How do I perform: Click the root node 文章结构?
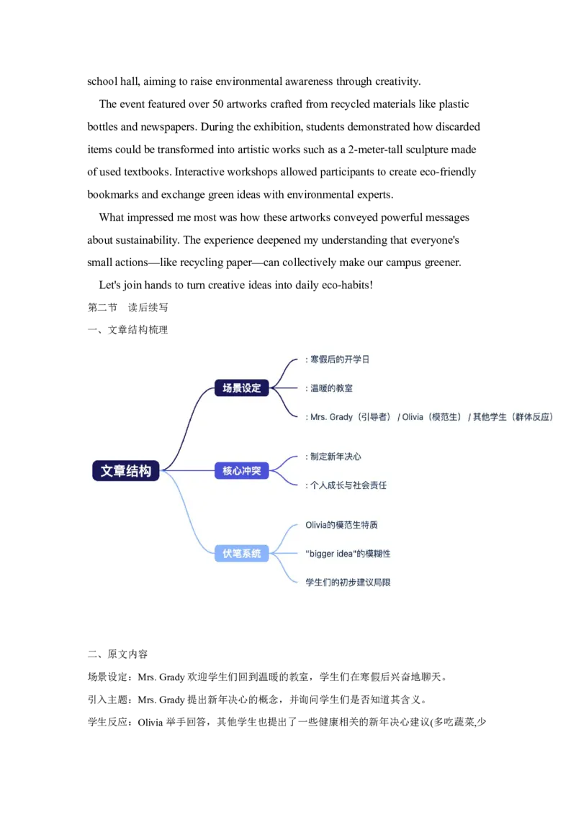[126, 471]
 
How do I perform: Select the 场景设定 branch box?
[241, 388]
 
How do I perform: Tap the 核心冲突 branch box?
[241, 471]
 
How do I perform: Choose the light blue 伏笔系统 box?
[241, 554]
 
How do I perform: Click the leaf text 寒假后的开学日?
[339, 359]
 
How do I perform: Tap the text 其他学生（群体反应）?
[513, 417]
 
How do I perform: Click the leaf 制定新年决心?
[336, 457]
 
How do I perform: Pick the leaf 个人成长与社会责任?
[348, 485]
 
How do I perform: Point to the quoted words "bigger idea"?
[331, 554]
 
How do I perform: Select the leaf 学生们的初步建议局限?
[348, 582]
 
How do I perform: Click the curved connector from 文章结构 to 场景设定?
[189, 424]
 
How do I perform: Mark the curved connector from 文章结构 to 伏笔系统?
[189, 518]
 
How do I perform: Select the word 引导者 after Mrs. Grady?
[374, 417]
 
